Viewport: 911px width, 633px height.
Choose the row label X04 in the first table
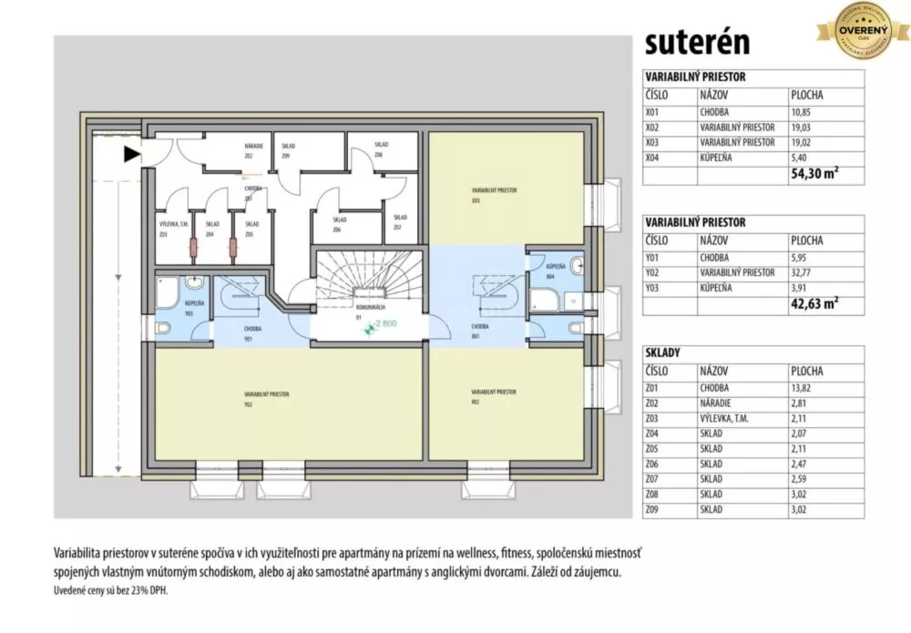(x=651, y=158)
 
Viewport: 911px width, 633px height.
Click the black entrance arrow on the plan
(x=133, y=155)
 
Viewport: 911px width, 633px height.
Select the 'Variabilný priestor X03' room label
(x=495, y=194)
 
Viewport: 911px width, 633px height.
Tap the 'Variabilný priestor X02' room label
(x=495, y=394)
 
